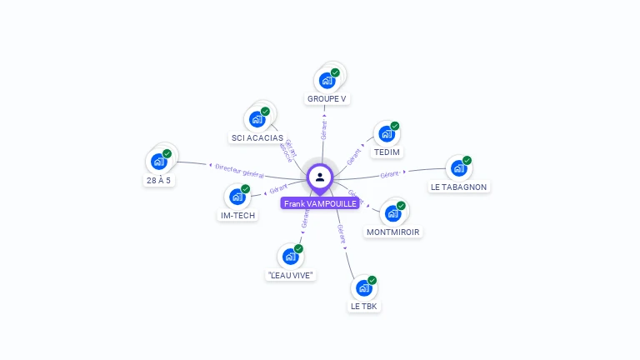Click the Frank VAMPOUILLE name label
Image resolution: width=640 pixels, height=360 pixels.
(x=320, y=203)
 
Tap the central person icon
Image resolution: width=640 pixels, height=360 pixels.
(x=320, y=177)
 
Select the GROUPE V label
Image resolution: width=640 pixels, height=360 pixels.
(x=327, y=98)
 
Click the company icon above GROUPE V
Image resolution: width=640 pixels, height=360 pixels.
(x=327, y=81)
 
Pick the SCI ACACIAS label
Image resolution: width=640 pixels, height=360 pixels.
(x=257, y=137)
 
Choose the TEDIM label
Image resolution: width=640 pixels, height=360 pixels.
(x=387, y=152)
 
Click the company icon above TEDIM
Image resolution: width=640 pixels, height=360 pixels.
(x=386, y=133)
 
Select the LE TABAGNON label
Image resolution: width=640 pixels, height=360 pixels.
(x=458, y=187)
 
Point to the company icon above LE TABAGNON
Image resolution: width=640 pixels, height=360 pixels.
(x=458, y=168)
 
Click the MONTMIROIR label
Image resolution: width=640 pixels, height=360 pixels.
(x=393, y=232)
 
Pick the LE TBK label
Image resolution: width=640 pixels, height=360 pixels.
(x=364, y=306)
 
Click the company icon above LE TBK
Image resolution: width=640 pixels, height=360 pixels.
(x=364, y=288)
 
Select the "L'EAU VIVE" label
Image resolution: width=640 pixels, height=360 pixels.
(x=291, y=274)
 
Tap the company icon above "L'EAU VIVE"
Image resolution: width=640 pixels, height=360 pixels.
(x=290, y=257)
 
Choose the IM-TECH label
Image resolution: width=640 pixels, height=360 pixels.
(x=237, y=215)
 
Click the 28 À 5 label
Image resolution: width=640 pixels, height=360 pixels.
(x=158, y=180)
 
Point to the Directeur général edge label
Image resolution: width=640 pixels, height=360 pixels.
(x=239, y=170)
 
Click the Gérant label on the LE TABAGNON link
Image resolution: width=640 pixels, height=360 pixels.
(x=391, y=174)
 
